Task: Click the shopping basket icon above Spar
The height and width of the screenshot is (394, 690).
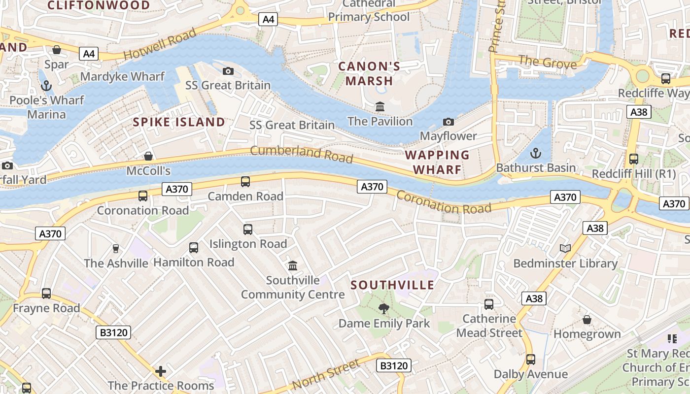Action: point(57,50)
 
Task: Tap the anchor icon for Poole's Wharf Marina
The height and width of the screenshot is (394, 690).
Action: point(46,86)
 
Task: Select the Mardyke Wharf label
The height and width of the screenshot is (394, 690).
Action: point(122,76)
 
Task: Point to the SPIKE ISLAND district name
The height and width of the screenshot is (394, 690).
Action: point(179,122)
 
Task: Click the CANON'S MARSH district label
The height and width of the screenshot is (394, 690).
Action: point(369,73)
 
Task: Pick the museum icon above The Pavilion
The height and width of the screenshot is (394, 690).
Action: point(380,106)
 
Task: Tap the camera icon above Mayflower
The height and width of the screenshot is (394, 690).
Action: point(448,122)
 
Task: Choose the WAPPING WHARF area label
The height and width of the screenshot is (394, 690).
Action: point(437,162)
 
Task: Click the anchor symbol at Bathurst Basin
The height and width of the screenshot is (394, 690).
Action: point(536,153)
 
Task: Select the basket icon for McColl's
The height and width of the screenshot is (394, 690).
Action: point(148,157)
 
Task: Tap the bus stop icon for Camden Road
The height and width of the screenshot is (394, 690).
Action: point(245,182)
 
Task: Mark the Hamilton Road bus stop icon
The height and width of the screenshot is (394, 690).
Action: point(194,248)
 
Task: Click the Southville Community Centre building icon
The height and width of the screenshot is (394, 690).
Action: point(293,266)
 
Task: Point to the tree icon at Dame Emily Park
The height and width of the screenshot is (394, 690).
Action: point(383,309)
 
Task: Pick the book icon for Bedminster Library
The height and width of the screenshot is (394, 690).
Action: point(565,249)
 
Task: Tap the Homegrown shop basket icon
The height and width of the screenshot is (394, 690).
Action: point(586,320)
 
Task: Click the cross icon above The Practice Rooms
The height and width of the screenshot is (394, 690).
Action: point(161,371)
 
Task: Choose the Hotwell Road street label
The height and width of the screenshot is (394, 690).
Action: point(160,43)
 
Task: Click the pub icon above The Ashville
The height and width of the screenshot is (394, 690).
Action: point(116,249)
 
